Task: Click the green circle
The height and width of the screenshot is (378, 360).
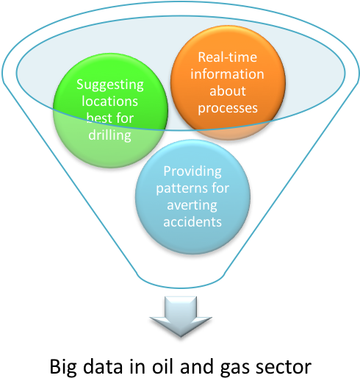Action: (110, 110)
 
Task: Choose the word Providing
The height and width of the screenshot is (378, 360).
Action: (196, 171)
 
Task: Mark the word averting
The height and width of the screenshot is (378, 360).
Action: (196, 205)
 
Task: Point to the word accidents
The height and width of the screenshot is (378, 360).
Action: (196, 221)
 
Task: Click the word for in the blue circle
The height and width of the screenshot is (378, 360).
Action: (221, 188)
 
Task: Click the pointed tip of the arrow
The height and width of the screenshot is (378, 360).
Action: (181, 335)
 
